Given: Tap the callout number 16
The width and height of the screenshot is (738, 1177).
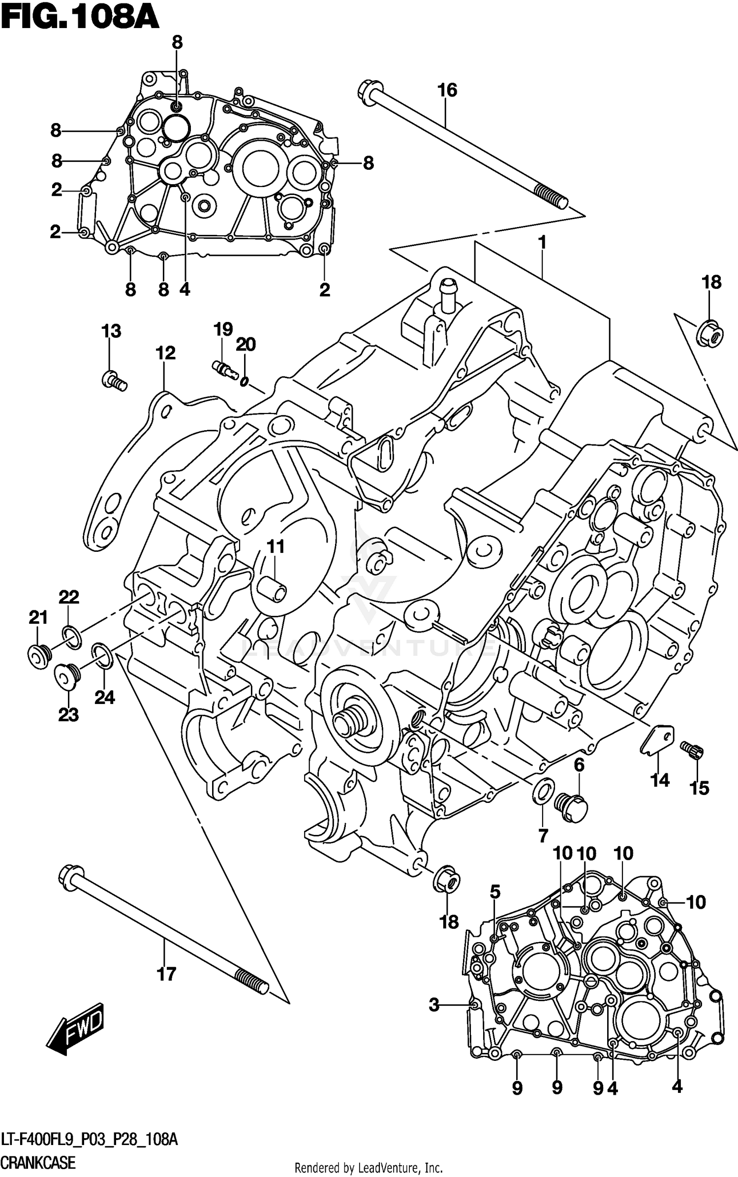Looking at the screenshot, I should [x=447, y=91].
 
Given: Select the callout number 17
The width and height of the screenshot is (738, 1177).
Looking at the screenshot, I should [x=166, y=973].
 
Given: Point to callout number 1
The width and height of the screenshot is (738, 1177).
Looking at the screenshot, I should [x=542, y=242].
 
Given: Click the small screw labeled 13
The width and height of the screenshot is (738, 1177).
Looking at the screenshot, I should [x=114, y=381].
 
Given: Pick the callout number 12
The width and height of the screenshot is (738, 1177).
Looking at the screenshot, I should [x=165, y=353].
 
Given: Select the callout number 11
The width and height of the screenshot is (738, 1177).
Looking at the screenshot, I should [x=276, y=546].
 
